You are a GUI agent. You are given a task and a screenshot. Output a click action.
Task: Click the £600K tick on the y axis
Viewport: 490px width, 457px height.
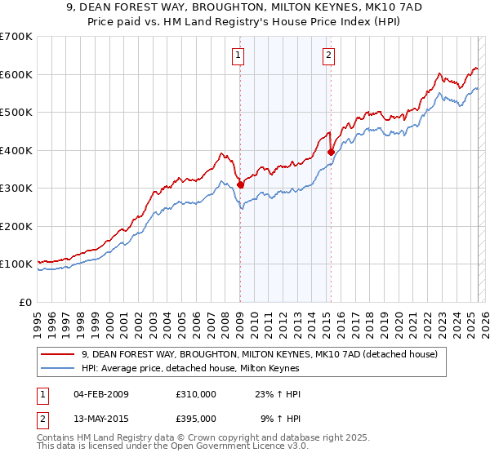(x=16, y=74)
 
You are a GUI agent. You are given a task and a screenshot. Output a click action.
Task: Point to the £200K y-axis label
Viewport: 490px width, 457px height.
(x=16, y=226)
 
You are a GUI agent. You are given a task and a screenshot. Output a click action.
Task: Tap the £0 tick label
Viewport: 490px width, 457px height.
(x=25, y=302)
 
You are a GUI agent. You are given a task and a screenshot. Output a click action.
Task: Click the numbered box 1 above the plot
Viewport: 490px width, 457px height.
(x=238, y=55)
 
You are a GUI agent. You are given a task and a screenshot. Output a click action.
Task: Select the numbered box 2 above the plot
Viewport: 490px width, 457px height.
(x=328, y=55)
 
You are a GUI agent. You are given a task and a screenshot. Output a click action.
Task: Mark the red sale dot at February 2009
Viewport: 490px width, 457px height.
(x=240, y=184)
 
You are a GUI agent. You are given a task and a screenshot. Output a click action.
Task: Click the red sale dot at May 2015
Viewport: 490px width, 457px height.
(x=331, y=152)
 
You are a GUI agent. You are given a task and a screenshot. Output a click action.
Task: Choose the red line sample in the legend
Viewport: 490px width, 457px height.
(x=58, y=354)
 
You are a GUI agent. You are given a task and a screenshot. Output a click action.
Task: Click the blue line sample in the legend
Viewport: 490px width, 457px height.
(x=58, y=369)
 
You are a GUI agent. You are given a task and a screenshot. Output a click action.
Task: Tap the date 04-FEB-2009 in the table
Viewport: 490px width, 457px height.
(x=101, y=394)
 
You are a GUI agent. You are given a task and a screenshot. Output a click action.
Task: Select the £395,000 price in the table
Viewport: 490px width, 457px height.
(x=195, y=418)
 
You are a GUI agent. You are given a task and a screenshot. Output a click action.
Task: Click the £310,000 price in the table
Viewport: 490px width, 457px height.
(x=195, y=394)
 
